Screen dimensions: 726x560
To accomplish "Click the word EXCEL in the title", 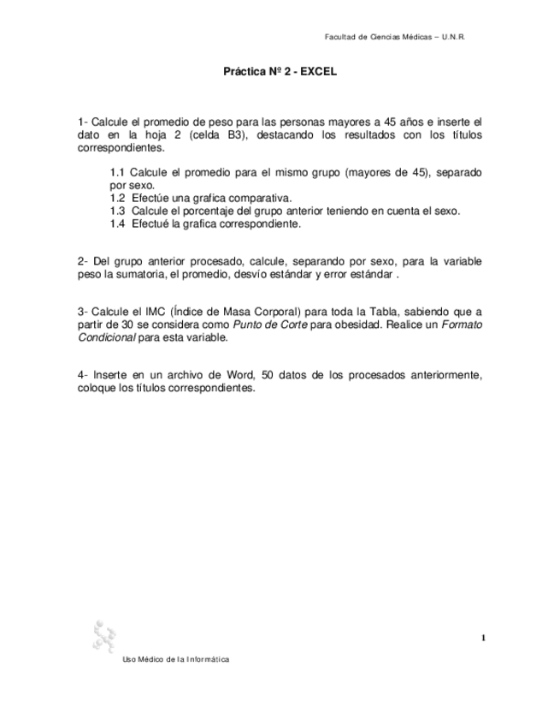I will [x=319, y=73].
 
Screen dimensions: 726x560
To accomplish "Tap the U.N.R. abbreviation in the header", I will [x=453, y=37].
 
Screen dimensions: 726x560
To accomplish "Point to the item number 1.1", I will [x=118, y=172].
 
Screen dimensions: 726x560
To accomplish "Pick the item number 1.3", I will [x=118, y=211].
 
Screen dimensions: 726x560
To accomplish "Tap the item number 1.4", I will [x=118, y=223].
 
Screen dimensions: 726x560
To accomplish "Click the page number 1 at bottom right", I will [x=483, y=637].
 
